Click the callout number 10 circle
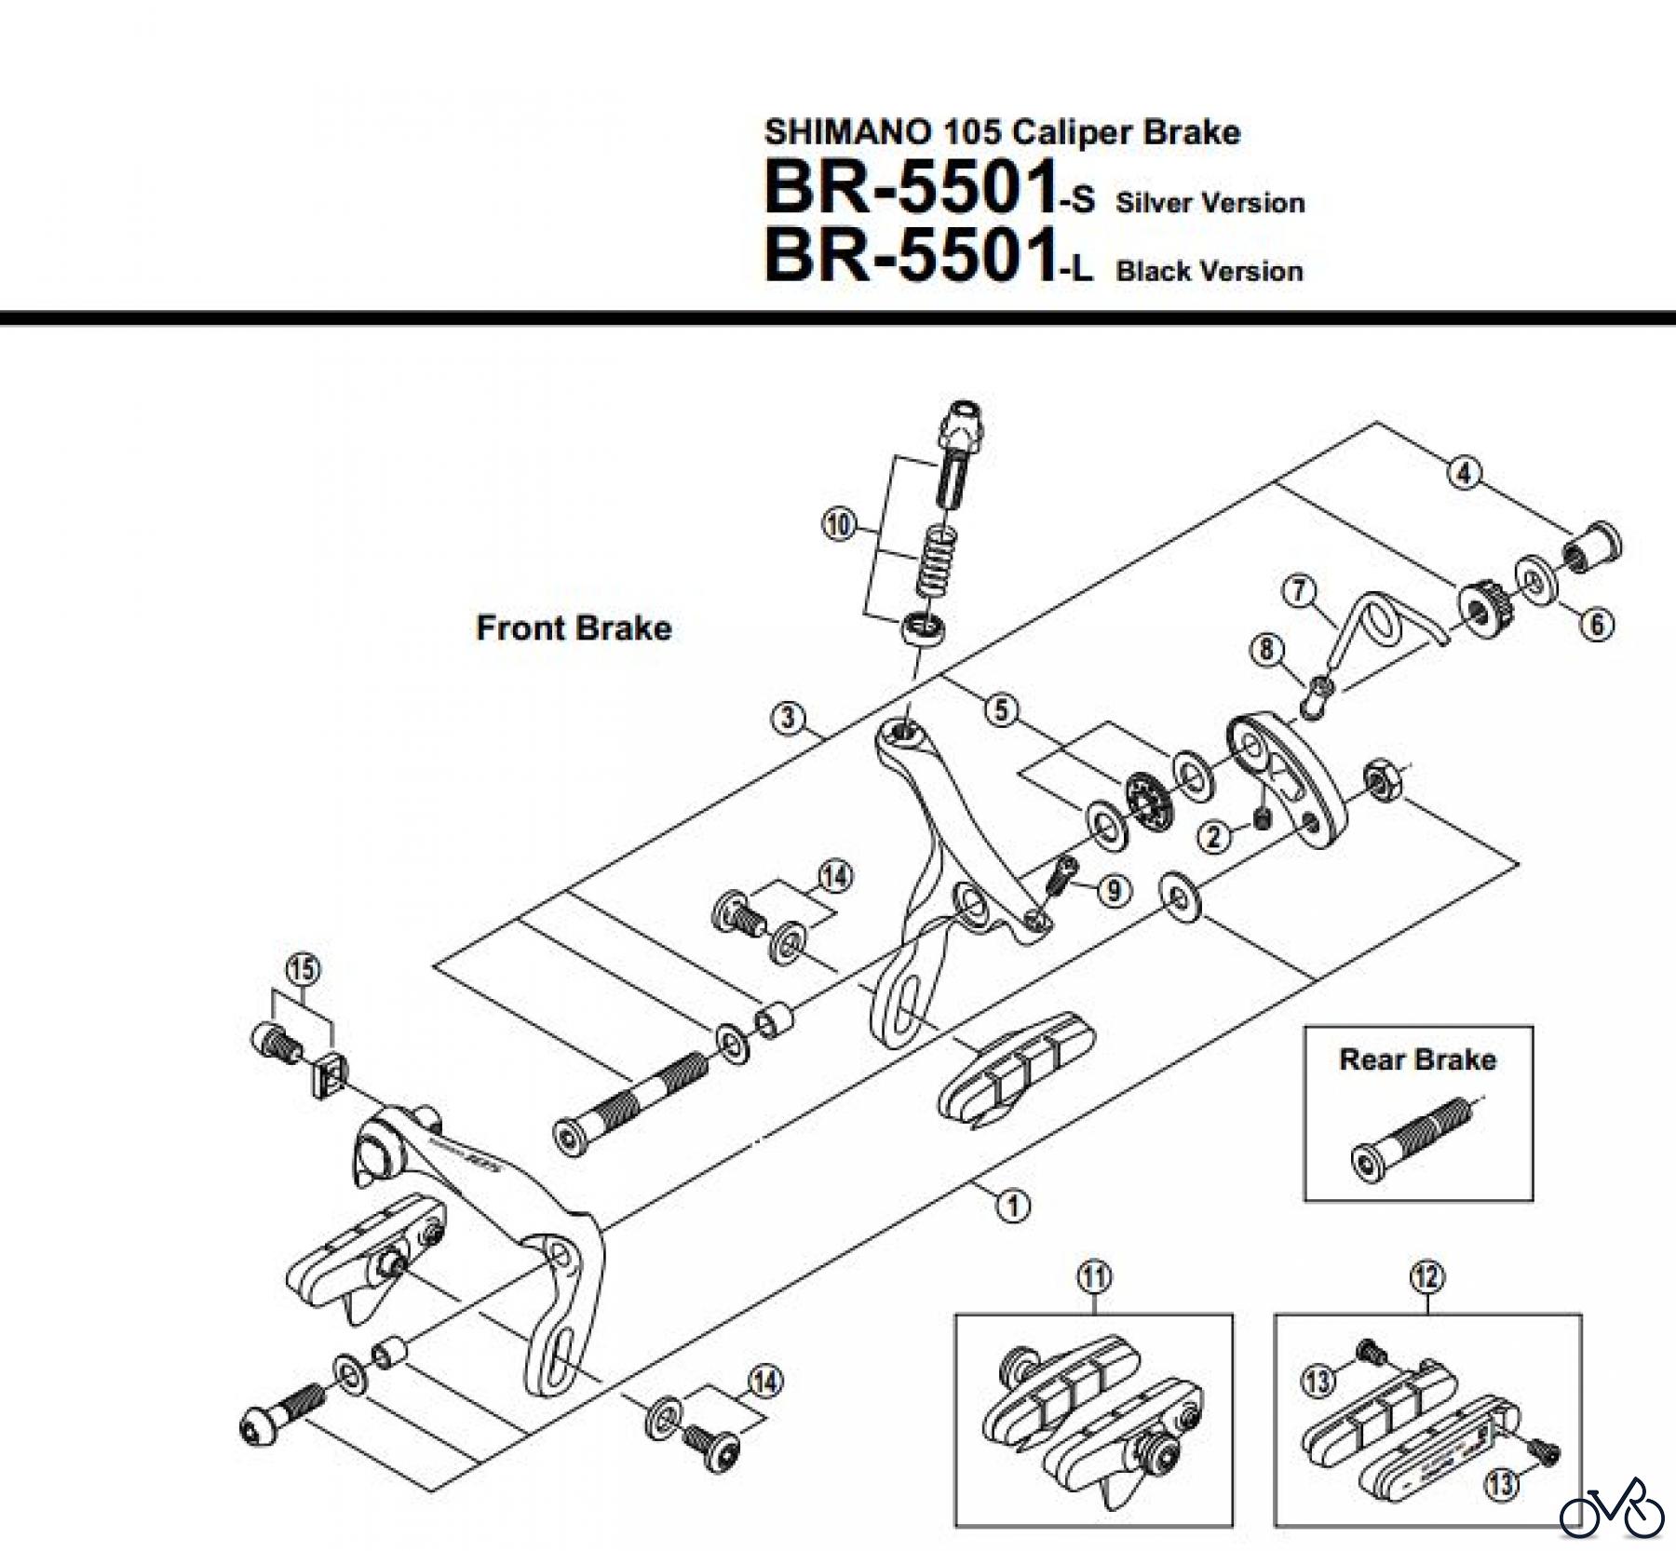[838, 525]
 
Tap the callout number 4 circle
[1464, 474]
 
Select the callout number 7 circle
[1300, 590]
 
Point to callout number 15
[302, 969]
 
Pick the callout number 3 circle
[788, 718]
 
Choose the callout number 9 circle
[1114, 891]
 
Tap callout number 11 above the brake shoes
[1094, 1276]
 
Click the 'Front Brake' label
[574, 628]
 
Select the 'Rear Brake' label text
[1417, 1059]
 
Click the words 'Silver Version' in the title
[1210, 203]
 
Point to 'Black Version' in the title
[1209, 272]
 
